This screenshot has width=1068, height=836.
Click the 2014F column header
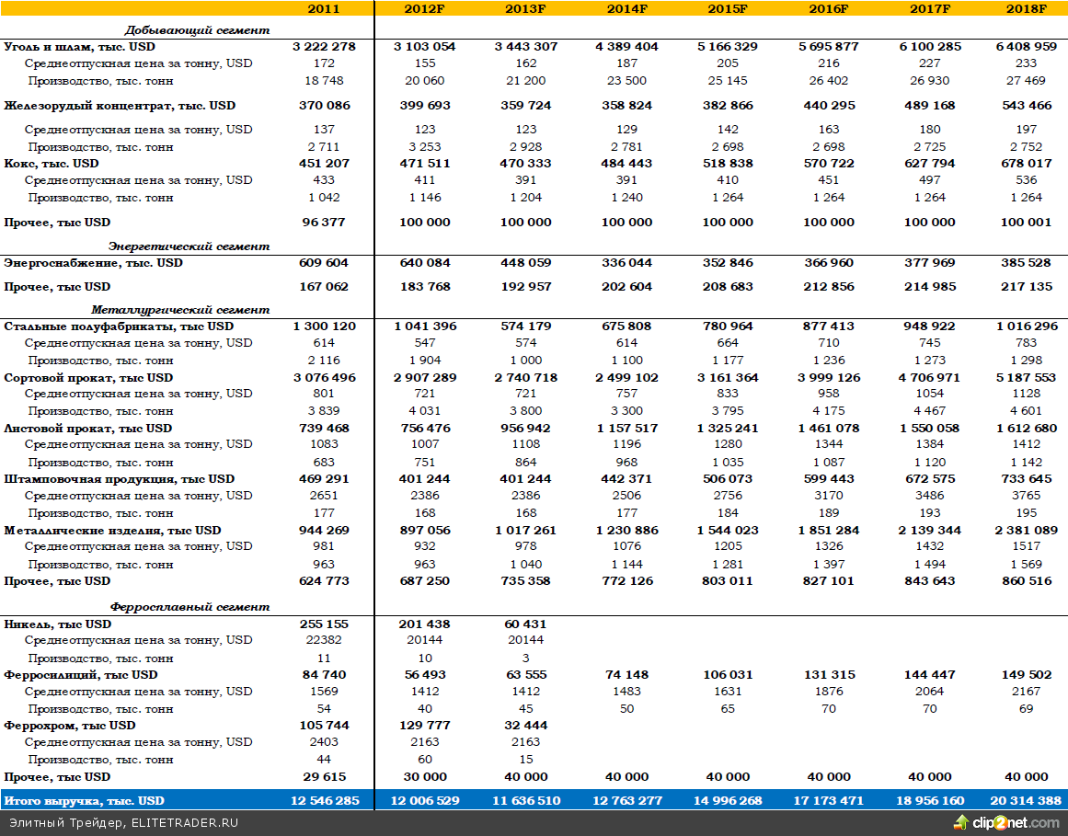(626, 8)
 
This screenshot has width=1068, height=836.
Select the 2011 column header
(324, 8)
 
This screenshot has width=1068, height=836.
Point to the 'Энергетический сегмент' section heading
(189, 246)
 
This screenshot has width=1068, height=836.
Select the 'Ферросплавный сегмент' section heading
(189, 607)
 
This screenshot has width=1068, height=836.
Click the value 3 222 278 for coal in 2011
(324, 46)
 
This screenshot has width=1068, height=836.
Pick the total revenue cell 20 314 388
(1026, 800)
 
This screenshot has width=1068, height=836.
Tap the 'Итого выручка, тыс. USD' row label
(85, 800)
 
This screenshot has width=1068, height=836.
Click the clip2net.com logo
(1006, 822)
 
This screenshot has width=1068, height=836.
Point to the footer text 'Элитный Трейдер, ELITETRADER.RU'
(123, 822)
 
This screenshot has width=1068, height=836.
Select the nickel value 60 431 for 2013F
(525, 624)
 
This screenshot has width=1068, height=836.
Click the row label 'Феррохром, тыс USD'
(70, 726)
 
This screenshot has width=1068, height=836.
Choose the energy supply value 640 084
(425, 263)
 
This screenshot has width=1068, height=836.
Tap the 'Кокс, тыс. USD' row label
(52, 164)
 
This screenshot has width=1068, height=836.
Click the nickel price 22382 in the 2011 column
(324, 640)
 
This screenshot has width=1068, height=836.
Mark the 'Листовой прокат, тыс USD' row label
(87, 429)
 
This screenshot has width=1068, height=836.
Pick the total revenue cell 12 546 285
(324, 800)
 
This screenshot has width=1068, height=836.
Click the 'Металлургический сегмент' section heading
(180, 310)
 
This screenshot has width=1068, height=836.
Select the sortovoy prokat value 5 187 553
(1026, 378)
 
